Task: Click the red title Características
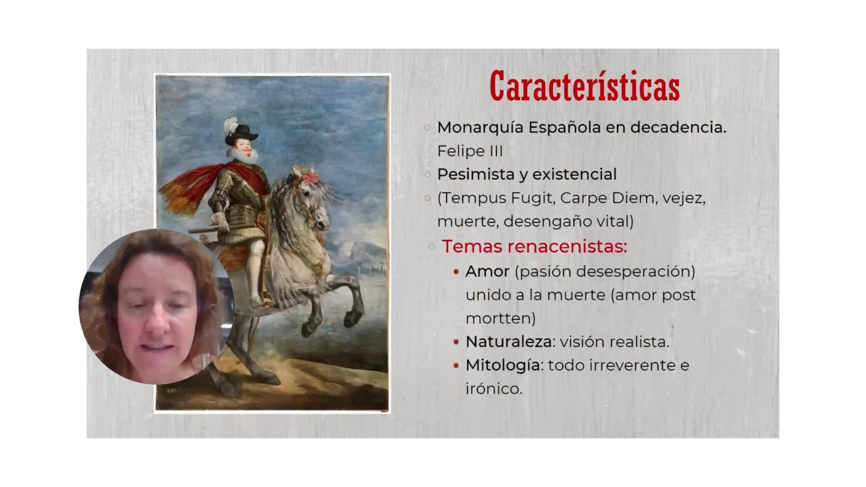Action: click(585, 86)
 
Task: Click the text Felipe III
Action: click(470, 151)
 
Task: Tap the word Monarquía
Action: click(481, 128)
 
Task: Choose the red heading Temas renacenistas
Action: click(534, 246)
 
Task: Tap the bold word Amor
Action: click(488, 271)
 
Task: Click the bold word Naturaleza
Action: click(509, 342)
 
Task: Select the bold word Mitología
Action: click(503, 365)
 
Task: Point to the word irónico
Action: click(494, 389)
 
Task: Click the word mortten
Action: click(501, 319)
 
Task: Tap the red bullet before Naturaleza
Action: click(456, 342)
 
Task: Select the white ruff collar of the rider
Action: click(243, 156)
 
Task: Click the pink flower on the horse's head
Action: click(309, 177)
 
